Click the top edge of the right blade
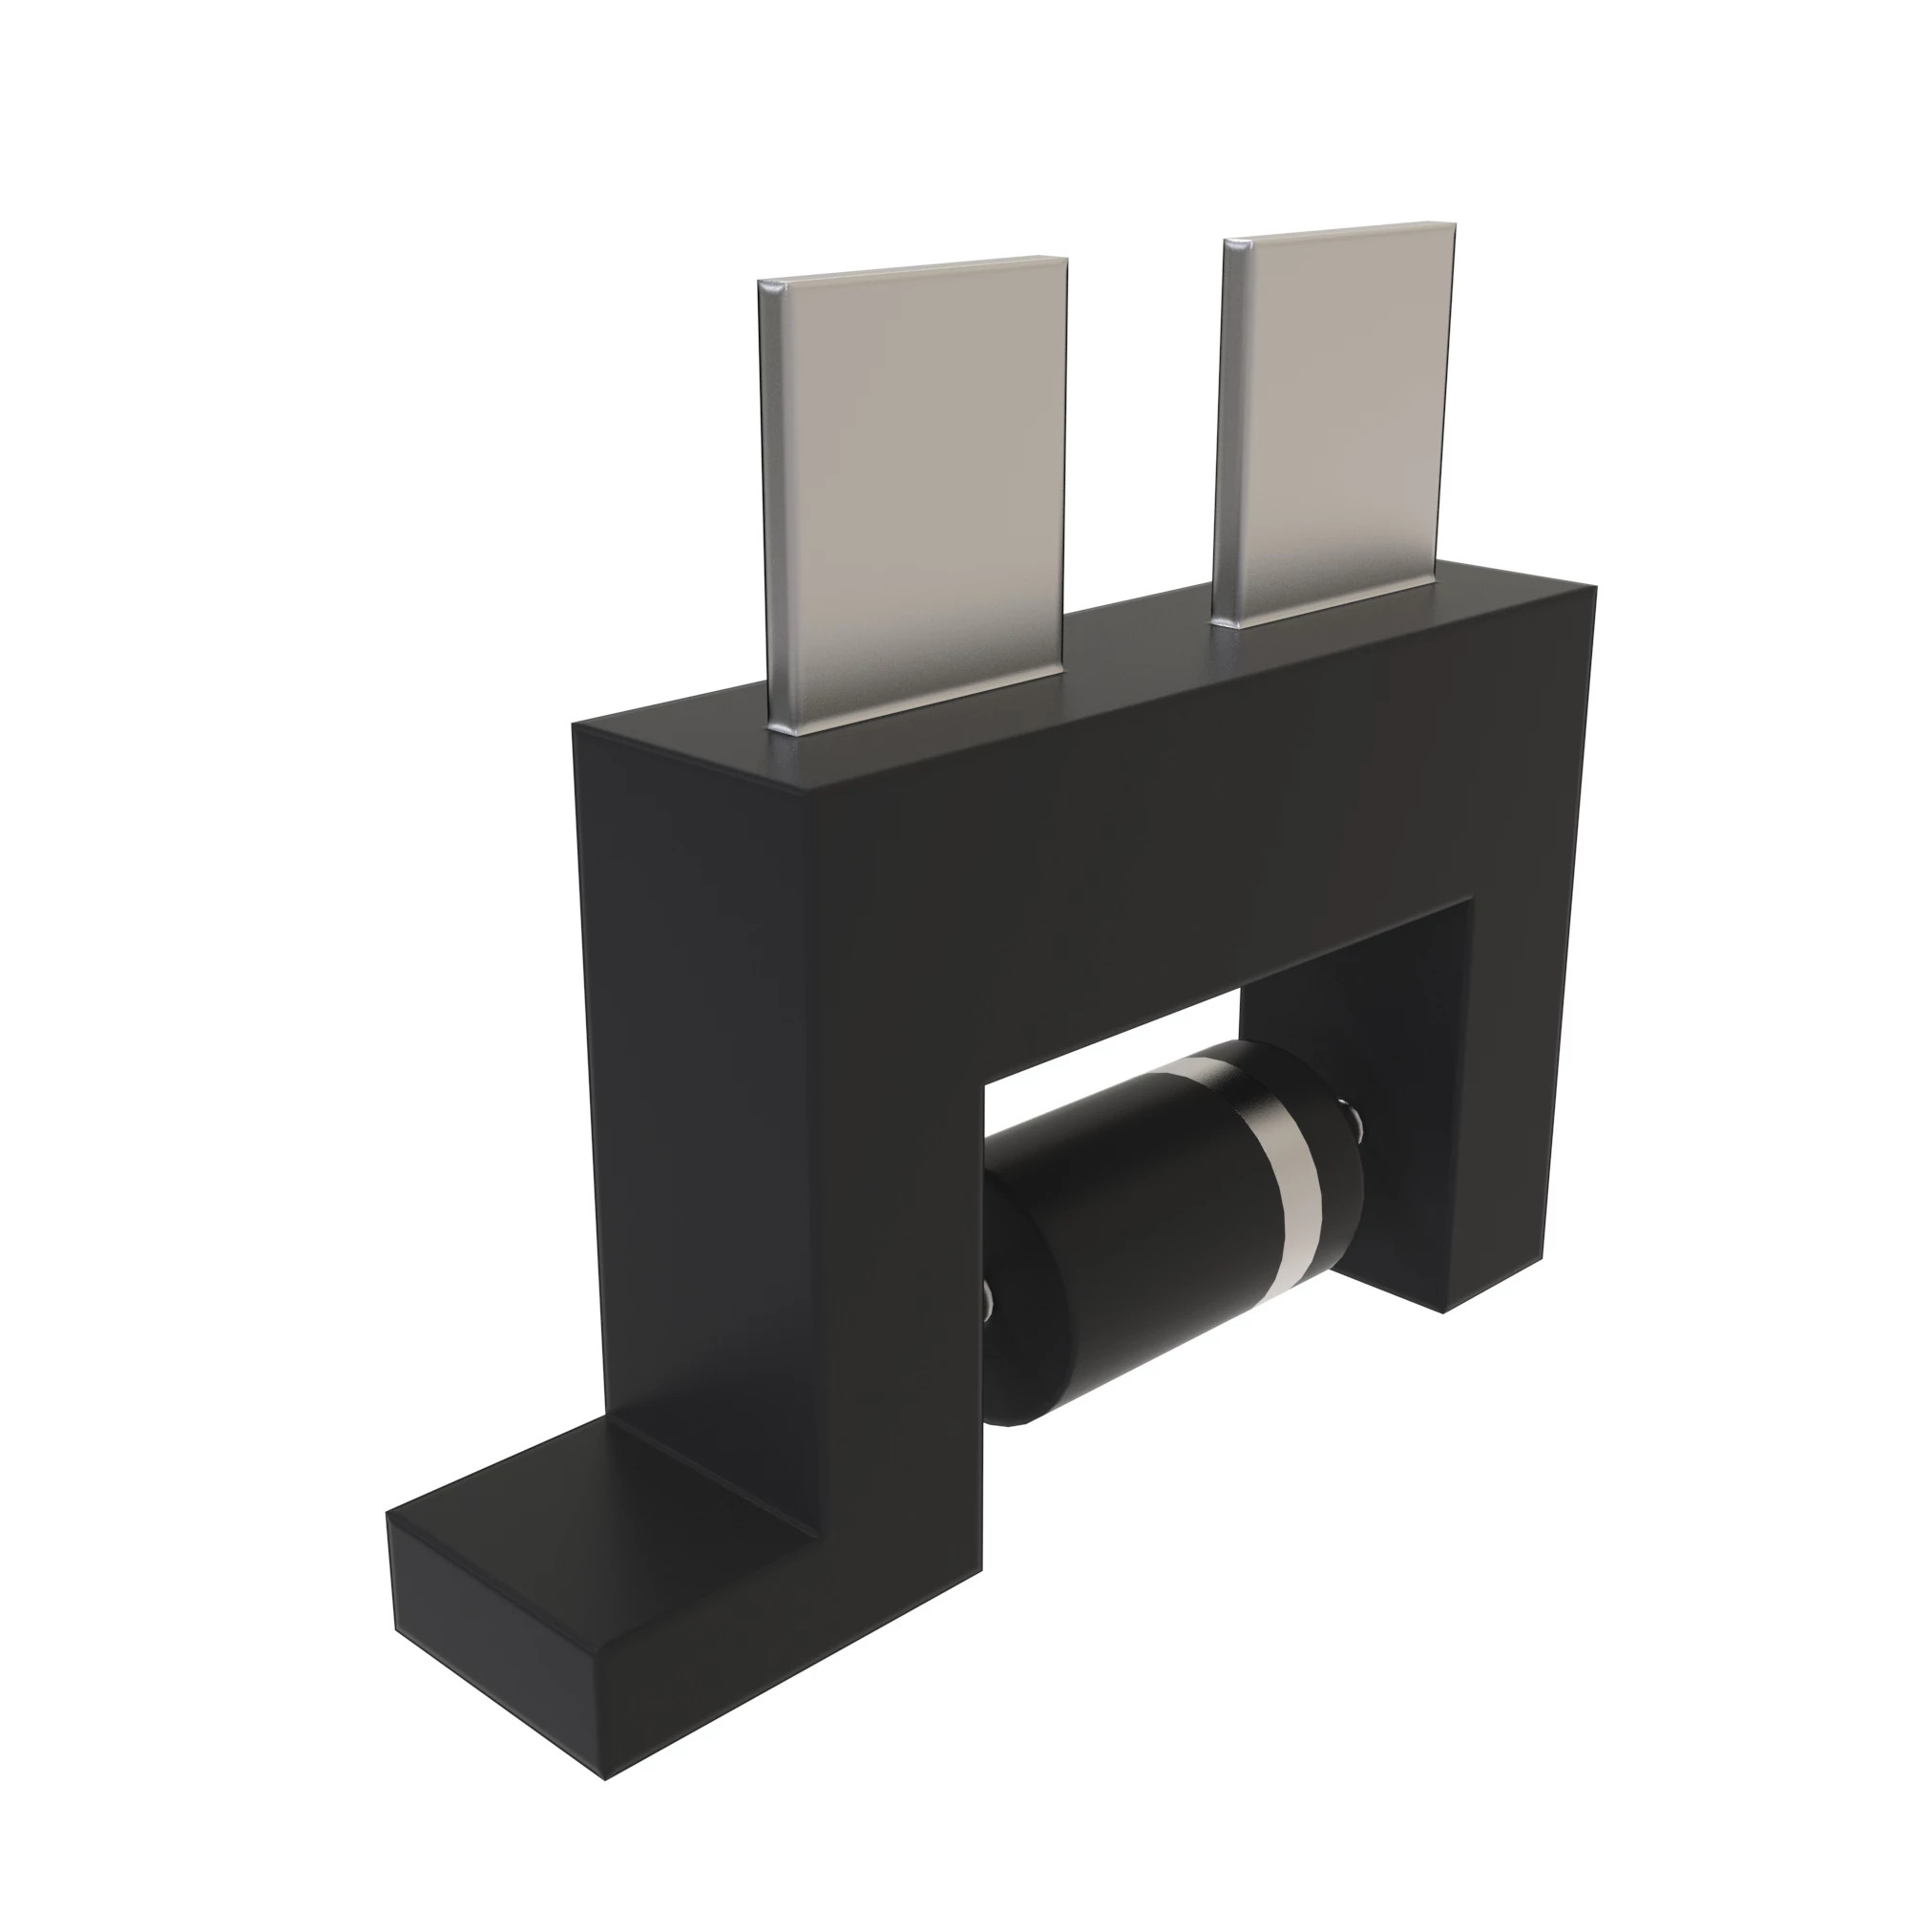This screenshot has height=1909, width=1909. pyautogui.click(x=1339, y=230)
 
